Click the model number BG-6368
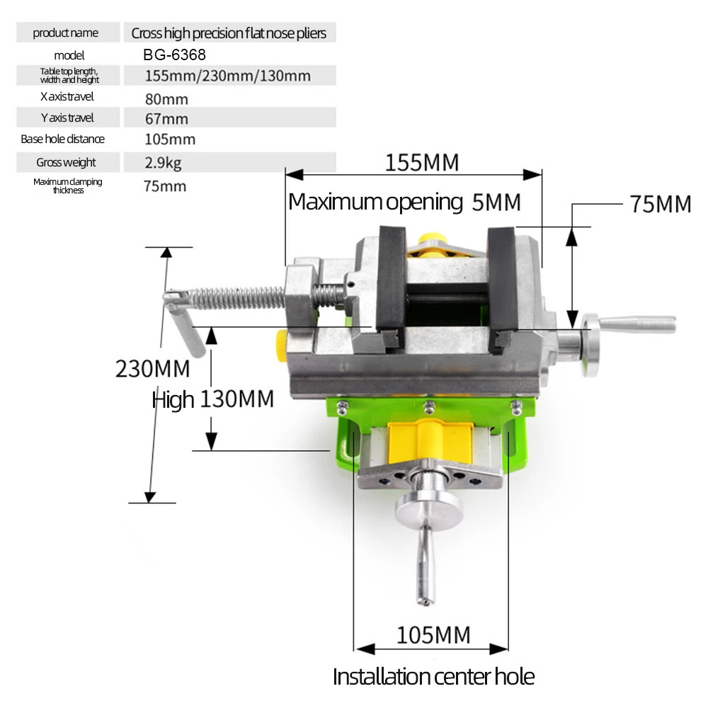click(175, 55)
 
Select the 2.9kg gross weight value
click(163, 163)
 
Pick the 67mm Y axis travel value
click(166, 118)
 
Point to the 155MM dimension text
click(422, 163)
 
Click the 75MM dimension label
click(660, 204)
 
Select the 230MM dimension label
click(152, 369)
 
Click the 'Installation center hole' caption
click(433, 676)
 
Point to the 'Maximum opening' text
click(375, 202)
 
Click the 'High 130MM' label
click(212, 400)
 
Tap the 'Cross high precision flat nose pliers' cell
click(229, 33)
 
